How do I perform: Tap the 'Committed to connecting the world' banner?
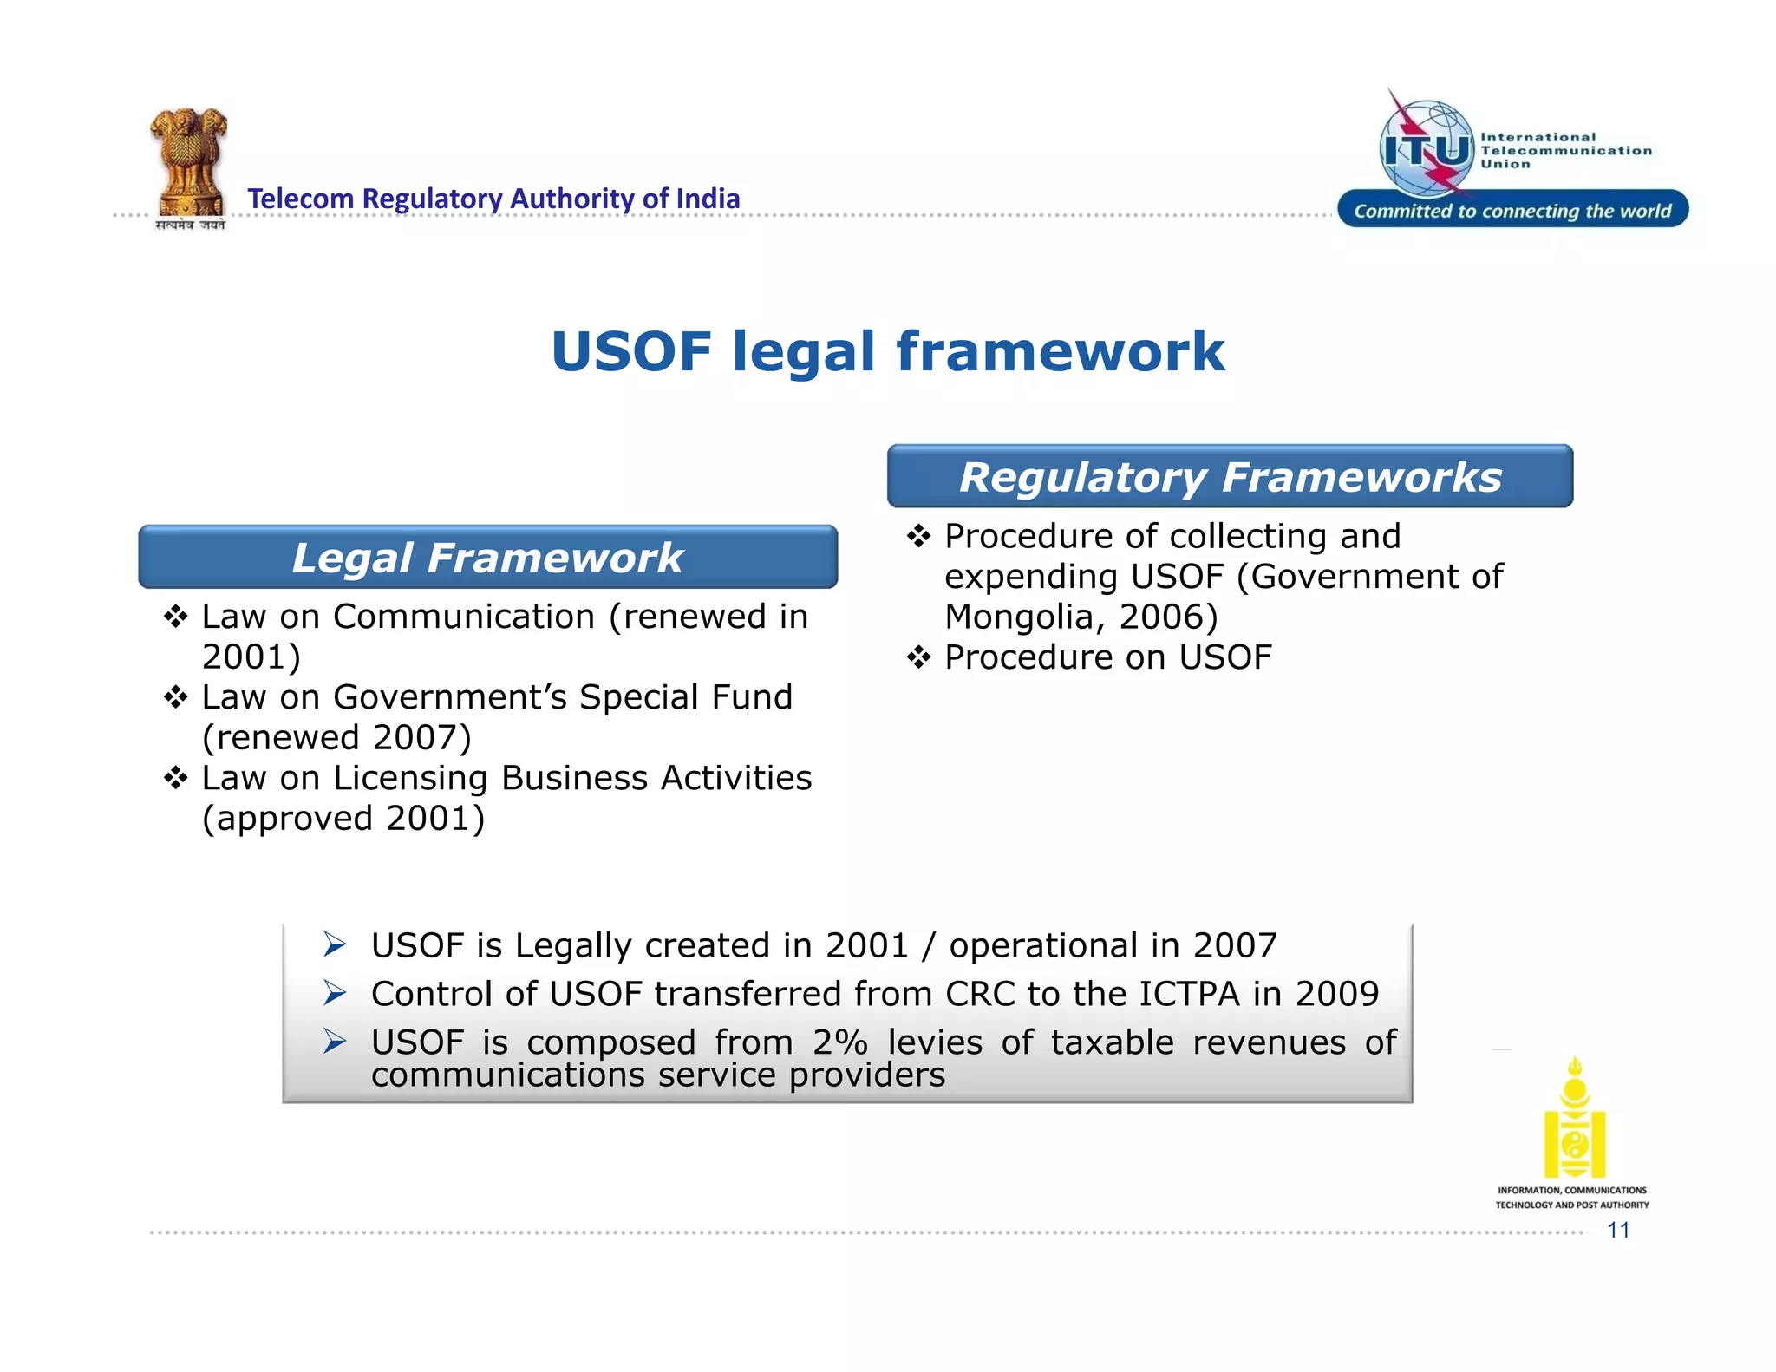point(1512,211)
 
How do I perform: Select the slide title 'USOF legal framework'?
point(887,352)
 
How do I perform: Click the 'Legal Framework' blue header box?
point(487,558)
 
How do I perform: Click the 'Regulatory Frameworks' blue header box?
point(1230,477)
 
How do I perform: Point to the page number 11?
point(1618,1230)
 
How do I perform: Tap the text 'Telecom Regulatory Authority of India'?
point(493,199)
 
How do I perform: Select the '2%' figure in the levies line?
point(839,1042)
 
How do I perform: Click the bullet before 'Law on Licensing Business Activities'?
point(176,778)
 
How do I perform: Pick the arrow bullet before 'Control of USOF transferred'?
point(335,993)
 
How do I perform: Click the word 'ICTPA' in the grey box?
point(1189,994)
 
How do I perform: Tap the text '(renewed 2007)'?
point(336,738)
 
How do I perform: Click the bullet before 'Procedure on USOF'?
point(918,657)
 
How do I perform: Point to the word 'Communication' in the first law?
point(464,617)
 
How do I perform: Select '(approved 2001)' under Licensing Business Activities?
point(343,819)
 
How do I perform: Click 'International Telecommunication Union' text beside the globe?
point(1564,150)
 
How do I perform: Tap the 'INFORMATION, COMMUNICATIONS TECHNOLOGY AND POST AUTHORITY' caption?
point(1571,1198)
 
